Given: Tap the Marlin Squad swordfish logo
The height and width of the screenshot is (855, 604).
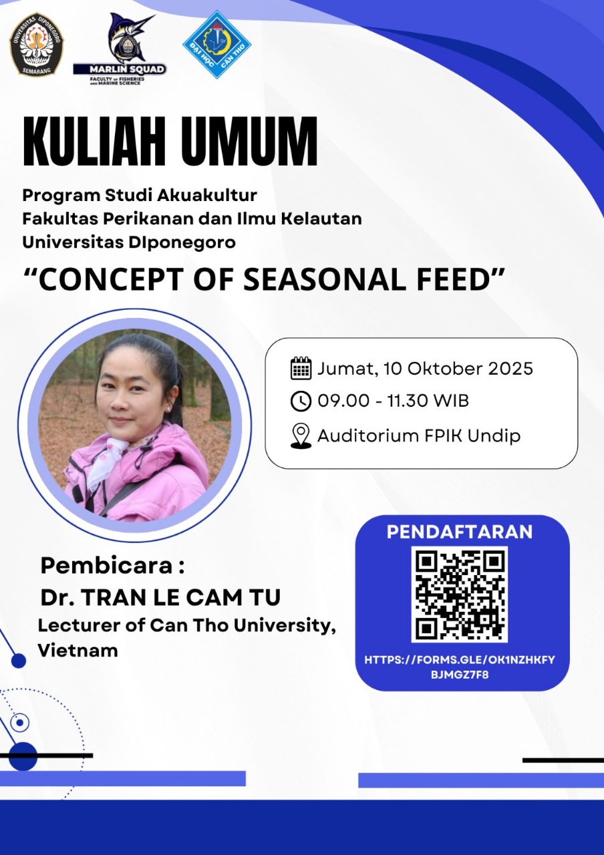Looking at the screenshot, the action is [120, 49].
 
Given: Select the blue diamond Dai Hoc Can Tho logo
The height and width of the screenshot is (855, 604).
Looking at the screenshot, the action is [217, 45].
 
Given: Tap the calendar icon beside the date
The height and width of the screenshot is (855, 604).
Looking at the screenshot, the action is [301, 368].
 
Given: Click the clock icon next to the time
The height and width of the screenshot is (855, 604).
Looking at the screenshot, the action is [301, 401].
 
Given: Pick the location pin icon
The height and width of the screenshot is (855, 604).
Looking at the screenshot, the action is [301, 436].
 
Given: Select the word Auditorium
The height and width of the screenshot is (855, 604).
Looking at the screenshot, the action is [367, 436].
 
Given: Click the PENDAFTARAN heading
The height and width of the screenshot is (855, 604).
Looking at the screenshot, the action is [460, 532].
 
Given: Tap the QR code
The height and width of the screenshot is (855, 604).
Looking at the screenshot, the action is [459, 594].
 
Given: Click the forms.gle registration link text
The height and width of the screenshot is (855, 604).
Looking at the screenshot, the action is [460, 667].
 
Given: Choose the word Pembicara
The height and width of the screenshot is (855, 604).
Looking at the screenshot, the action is [106, 565].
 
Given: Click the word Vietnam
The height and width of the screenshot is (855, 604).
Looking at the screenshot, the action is [78, 651].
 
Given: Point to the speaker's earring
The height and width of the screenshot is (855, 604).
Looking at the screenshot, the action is [168, 409].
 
